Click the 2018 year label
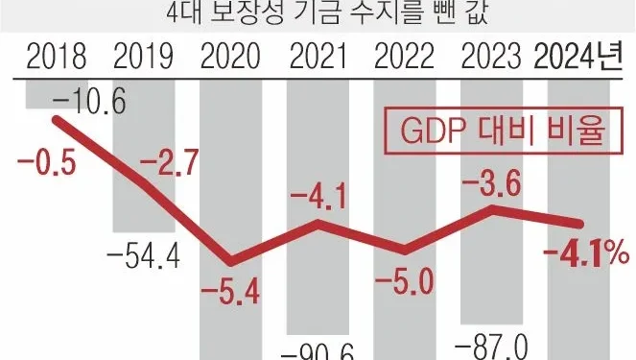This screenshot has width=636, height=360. [56, 59]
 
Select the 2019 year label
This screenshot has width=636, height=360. [143, 59]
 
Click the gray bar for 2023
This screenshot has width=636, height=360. [493, 269]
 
